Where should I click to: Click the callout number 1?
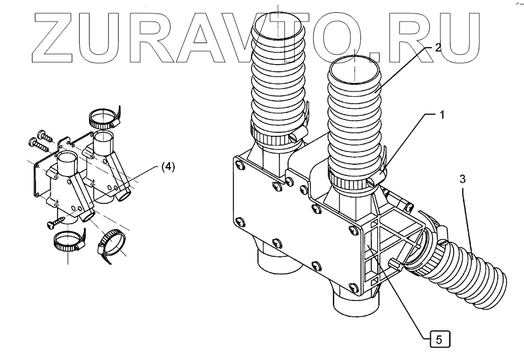tap(442, 115)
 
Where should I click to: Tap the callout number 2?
tap(438, 48)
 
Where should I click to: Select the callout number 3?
tap(462, 179)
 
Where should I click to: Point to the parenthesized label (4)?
tap(167, 167)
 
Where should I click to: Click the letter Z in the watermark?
tap(56, 36)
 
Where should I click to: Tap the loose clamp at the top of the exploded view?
tap(104, 120)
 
